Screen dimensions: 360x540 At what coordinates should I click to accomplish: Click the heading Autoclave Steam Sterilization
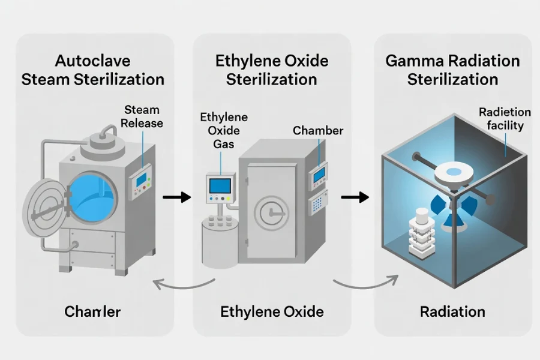93,70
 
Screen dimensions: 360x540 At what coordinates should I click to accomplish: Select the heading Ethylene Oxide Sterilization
272,70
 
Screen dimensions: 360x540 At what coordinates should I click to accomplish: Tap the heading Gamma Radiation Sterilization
452,70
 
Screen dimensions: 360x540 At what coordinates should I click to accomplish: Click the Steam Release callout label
142,116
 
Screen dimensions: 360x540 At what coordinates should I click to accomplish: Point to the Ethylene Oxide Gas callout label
224,130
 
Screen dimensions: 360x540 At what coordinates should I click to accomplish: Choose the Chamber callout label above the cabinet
318,130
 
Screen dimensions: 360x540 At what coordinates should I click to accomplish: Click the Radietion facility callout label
505,119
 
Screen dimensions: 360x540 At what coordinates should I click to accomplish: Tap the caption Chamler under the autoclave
92,311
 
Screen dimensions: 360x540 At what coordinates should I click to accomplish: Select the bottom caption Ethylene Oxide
272,311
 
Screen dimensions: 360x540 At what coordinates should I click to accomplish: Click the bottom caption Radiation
452,311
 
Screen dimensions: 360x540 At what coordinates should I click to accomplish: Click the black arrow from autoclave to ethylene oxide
176,197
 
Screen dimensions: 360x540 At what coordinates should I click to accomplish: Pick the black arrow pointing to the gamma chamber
355,197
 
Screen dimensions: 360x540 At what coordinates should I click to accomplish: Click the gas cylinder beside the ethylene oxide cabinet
219,240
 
